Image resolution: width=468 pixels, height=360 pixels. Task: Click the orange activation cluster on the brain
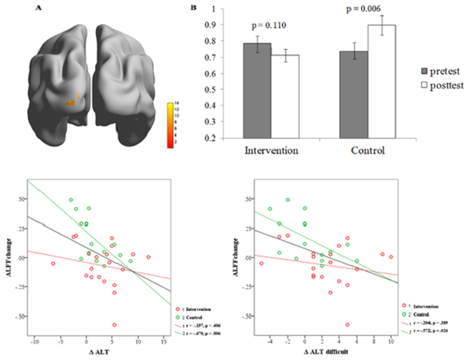[x=72, y=100]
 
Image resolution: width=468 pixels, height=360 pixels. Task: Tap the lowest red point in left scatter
[x=114, y=324]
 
